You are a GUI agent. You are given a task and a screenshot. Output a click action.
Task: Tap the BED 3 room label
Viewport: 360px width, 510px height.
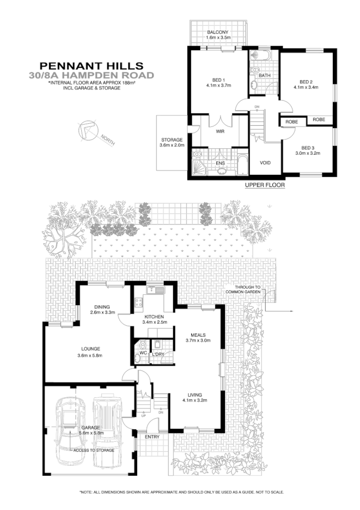pos(308,148)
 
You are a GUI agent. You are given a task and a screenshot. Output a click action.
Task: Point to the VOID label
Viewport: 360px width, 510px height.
pos(265,163)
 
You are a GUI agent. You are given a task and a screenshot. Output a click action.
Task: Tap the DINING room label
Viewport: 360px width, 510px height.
pos(102,306)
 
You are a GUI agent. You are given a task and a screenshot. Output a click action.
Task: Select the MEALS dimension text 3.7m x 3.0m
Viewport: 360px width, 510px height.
pos(196,341)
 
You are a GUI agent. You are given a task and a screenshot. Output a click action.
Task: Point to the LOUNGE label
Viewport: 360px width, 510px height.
pos(90,349)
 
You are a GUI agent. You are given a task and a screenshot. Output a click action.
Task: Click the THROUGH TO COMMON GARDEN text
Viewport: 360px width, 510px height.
pos(248,290)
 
